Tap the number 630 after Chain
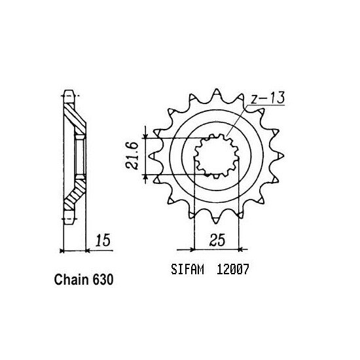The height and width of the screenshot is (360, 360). click(105, 280)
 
